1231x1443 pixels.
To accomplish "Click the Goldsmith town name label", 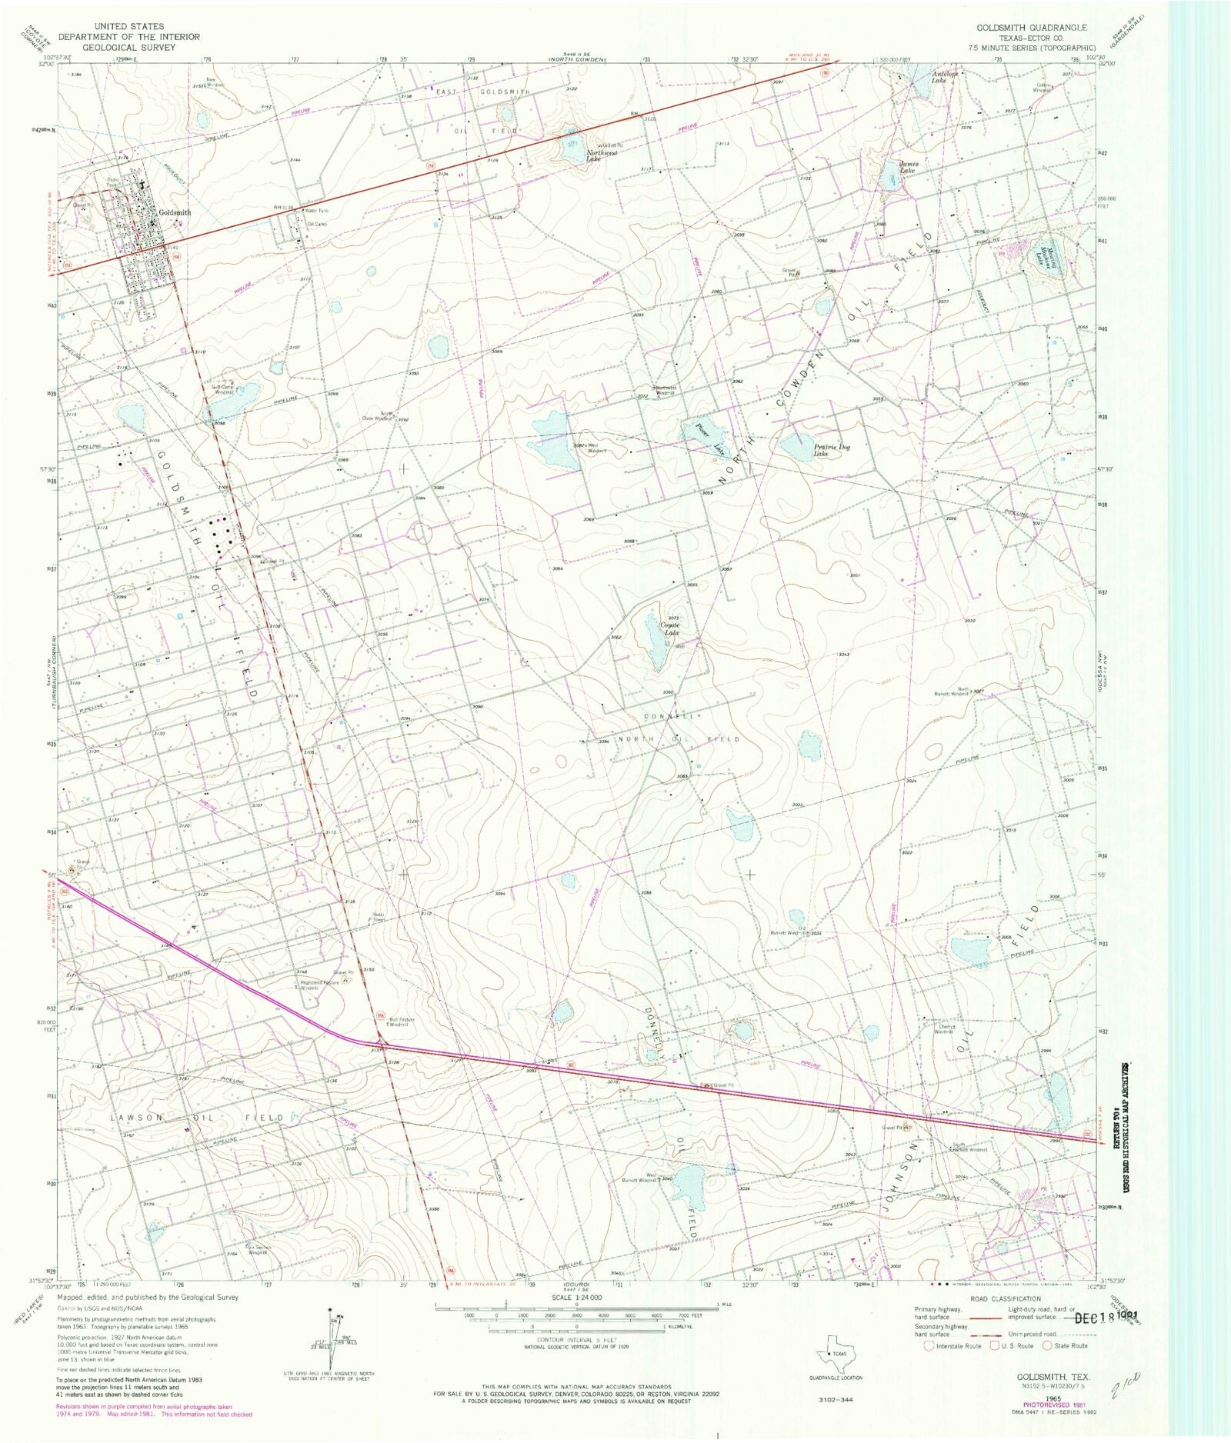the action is (175, 213).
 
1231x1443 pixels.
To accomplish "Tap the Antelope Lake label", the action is (945, 75).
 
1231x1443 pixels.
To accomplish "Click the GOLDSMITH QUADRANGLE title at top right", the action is (1032, 28).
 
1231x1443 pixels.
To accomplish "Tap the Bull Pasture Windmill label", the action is (402, 1022).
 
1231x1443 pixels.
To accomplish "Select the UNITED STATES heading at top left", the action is (128, 26).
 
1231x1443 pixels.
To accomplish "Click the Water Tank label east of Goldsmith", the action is (316, 211).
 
